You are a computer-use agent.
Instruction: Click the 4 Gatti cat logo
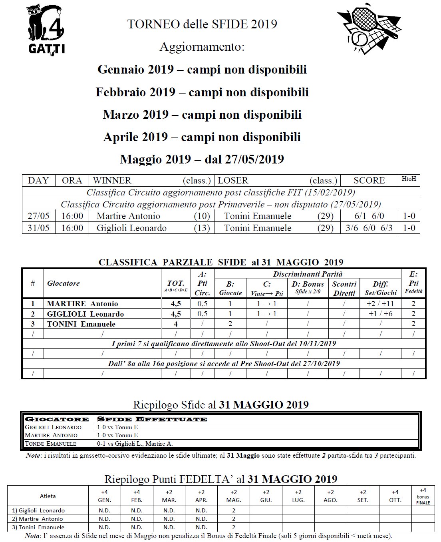pyautogui.click(x=46, y=30)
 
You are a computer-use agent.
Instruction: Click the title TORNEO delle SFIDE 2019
pyautogui.click(x=202, y=24)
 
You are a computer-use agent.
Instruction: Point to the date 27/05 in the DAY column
pyautogui.click(x=38, y=216)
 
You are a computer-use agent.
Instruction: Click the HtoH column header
pyautogui.click(x=409, y=179)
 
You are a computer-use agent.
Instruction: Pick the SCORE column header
pyautogui.click(x=369, y=180)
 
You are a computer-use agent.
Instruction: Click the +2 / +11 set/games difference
pyautogui.click(x=380, y=303)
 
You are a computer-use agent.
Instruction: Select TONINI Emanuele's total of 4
pyautogui.click(x=176, y=324)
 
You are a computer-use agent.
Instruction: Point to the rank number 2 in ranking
pyautogui.click(x=33, y=314)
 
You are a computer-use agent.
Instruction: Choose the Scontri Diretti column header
pyautogui.click(x=344, y=288)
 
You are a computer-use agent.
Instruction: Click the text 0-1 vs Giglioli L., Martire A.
pyautogui.click(x=135, y=443)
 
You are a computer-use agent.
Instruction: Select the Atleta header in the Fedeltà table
pyautogui.click(x=48, y=496)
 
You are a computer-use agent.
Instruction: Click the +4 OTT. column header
pyautogui.click(x=395, y=496)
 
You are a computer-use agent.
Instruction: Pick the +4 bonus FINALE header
pyautogui.click(x=423, y=496)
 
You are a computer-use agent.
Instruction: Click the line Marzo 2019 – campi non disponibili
pyautogui.click(x=202, y=115)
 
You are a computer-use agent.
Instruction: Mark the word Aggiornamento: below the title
pyautogui.click(x=202, y=47)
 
